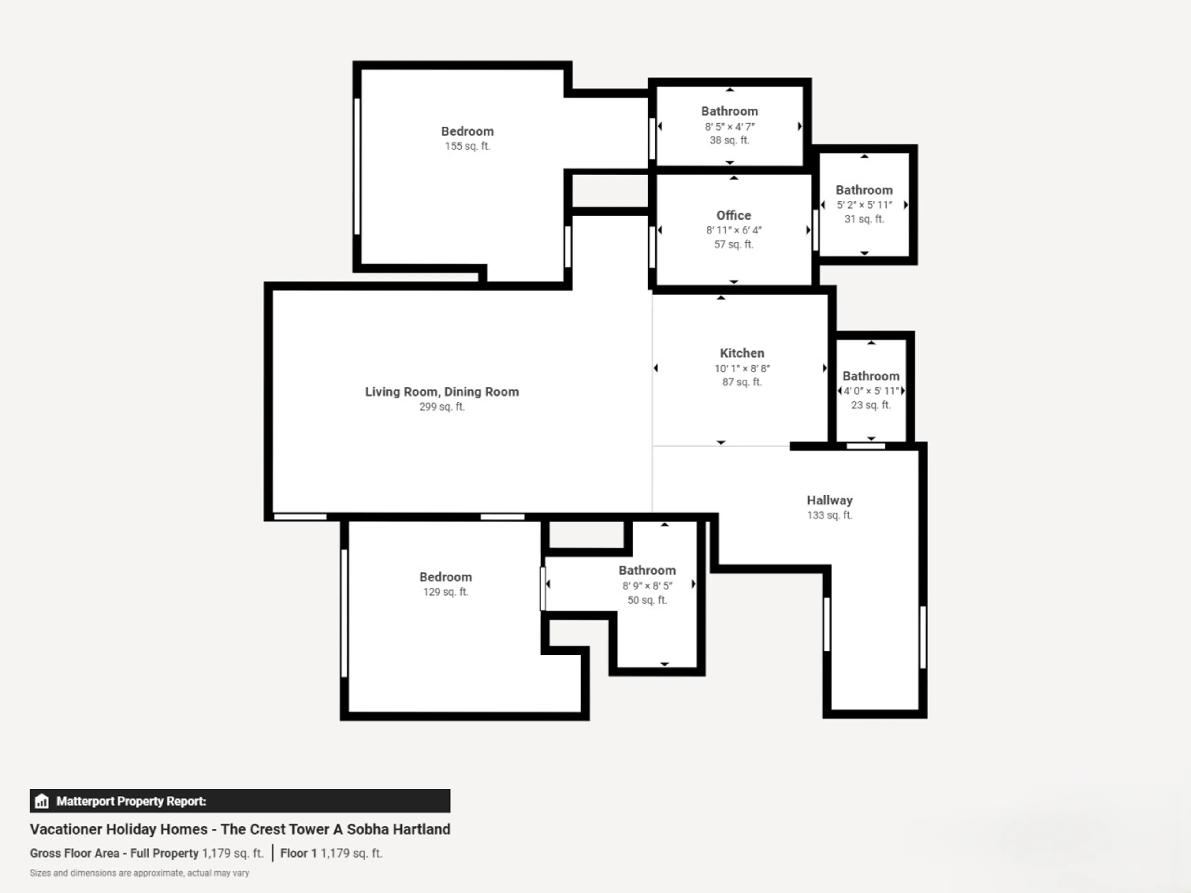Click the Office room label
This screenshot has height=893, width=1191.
tap(733, 215)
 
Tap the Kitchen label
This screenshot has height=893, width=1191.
tap(742, 353)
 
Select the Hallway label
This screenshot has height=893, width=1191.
tap(829, 500)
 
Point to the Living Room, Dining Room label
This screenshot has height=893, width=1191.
tap(442, 392)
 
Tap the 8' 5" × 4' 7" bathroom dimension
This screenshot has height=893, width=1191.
tap(729, 127)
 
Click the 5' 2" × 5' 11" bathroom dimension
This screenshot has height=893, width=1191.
tap(864, 205)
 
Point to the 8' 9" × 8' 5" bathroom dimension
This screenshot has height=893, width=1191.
tap(647, 586)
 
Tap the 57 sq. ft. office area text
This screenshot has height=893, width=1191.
tap(733, 244)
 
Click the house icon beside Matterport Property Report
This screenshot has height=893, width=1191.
tap(42, 801)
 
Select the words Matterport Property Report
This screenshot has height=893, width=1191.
tap(131, 801)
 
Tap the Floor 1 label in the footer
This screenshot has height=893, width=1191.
tap(298, 853)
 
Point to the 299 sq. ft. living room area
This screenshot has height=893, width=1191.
tap(442, 407)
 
